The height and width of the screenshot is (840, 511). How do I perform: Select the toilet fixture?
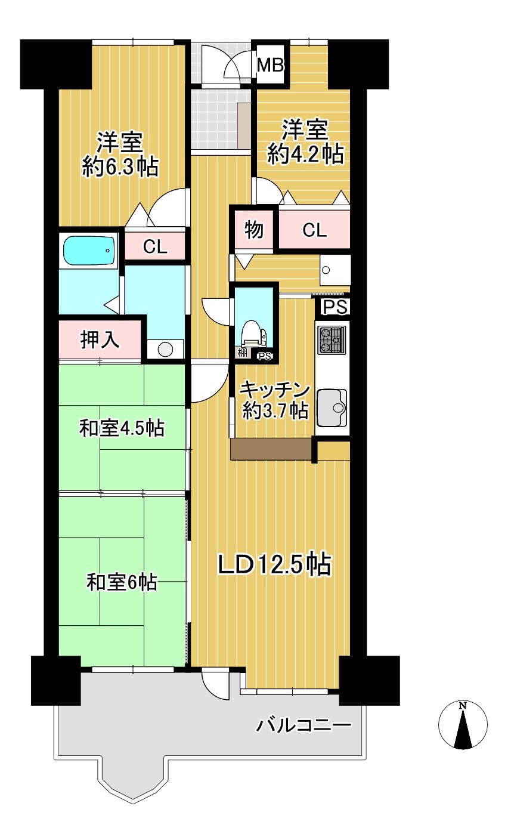[254, 334]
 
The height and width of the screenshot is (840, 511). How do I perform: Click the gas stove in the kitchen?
[332, 340]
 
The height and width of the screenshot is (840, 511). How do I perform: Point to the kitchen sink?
[332, 408]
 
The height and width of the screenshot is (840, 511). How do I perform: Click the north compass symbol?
[463, 724]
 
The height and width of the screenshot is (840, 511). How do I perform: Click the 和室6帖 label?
[122, 582]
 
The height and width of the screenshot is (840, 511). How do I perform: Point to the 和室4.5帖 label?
[122, 428]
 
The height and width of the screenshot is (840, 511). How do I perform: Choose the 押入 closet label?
[100, 339]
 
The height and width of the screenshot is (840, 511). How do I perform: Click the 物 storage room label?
[254, 230]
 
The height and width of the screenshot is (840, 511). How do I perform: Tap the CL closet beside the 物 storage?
[315, 230]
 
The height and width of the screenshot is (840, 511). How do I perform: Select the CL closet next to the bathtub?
[155, 246]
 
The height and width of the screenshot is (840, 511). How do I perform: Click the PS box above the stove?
[335, 307]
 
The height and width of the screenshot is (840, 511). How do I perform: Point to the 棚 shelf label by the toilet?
[243, 353]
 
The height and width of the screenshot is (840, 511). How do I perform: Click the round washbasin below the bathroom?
[165, 350]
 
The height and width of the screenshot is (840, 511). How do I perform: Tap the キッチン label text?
[275, 390]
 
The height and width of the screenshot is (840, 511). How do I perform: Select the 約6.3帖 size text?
[120, 166]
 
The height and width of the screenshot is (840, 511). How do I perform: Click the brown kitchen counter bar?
[271, 449]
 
